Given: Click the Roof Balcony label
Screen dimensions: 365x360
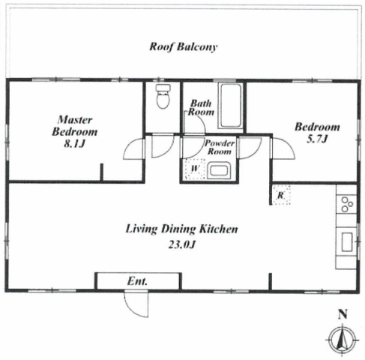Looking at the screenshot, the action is coord(184,47).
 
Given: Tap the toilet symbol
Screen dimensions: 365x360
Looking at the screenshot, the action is coord(163,96).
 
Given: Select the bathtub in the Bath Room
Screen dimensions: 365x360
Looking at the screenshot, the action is coord(230,105).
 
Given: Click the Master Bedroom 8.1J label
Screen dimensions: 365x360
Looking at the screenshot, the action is coord(75,131).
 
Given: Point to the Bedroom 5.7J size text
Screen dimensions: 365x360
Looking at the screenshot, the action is coord(317,139).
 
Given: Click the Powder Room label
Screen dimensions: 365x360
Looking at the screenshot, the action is coord(220,147).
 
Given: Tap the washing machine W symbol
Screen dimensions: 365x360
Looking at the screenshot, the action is coord(195,169).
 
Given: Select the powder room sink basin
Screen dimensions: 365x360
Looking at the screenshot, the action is coord(219,171).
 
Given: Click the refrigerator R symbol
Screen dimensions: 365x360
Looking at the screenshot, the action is coord(281,195).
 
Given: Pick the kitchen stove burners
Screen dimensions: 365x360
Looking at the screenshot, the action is coord(347,204).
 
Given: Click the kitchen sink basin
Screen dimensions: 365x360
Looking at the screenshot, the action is coord(347,241).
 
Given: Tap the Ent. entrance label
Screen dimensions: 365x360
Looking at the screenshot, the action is coord(137,281).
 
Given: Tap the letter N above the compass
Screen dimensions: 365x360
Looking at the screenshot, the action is coord(343,314).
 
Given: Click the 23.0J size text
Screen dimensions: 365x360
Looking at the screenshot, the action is coord(181,244).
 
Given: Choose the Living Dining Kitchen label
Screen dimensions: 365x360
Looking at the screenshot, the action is coord(181,229).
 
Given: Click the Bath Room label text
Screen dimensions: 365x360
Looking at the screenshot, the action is coord(201,107).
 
